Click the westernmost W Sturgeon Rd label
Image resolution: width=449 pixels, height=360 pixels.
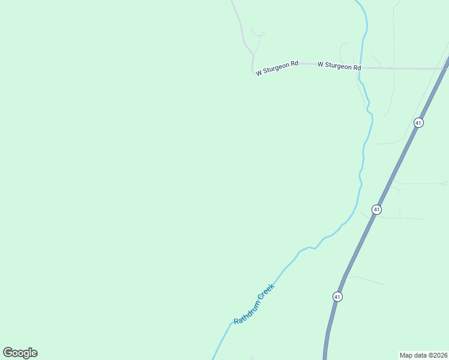[x=277, y=68]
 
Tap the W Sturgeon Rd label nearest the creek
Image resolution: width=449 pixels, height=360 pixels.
[x=339, y=65]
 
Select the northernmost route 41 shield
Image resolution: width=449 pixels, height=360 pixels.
[x=418, y=122]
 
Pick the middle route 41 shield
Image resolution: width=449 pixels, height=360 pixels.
[x=376, y=209]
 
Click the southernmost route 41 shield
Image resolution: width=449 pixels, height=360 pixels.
[x=337, y=296]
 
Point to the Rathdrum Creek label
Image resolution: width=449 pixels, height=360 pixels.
[x=254, y=304]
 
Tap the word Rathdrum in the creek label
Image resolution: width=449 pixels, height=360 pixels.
[x=246, y=313]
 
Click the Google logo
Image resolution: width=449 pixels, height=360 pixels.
[x=20, y=353]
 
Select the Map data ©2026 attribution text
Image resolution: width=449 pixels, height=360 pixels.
[x=423, y=355]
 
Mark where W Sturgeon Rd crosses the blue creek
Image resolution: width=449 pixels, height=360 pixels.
[x=361, y=68]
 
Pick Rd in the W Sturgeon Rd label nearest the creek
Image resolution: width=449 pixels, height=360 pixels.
[x=356, y=67]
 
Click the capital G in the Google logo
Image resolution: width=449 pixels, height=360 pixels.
[x=8, y=353]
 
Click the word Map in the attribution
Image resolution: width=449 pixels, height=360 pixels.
[x=406, y=355]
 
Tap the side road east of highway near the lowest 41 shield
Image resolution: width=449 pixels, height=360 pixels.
[x=366, y=280]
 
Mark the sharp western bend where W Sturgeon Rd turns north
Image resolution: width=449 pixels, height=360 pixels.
[x=253, y=70]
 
